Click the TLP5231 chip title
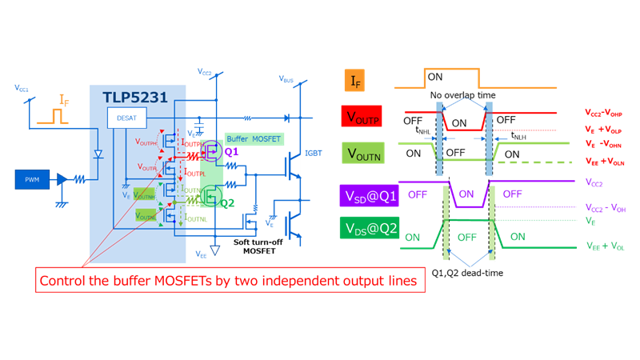point(134,98)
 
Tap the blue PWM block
point(32,180)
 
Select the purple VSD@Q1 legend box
point(369,194)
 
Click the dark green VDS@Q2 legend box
point(369,230)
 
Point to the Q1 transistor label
point(232,151)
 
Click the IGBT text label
point(313,154)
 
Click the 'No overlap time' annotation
point(462,95)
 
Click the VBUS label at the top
point(286,79)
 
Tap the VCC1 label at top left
point(22,87)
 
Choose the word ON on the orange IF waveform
point(435,78)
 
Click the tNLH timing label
point(518,136)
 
